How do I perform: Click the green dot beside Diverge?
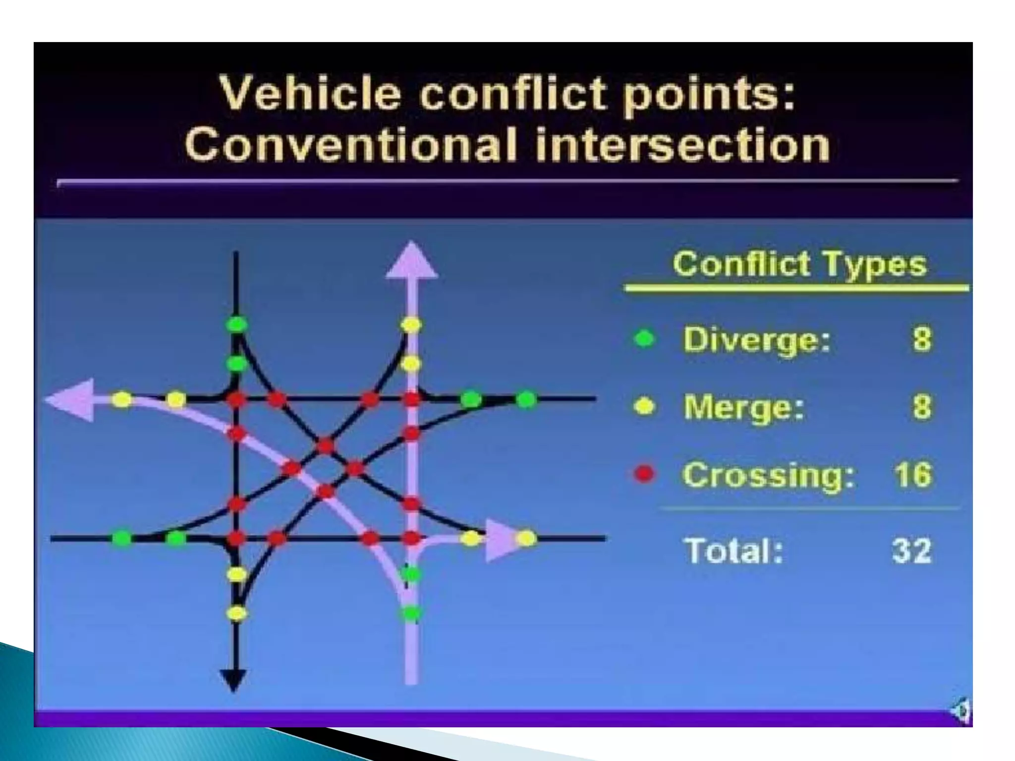tap(644, 339)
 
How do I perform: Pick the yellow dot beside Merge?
tap(644, 407)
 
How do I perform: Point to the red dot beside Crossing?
tap(644, 475)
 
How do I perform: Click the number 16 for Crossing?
tap(912, 475)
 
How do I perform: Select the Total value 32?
tap(912, 550)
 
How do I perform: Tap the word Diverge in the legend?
tap(756, 340)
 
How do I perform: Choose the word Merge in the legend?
tap(743, 407)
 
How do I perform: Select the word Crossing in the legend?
tap(768, 475)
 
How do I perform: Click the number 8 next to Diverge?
tap(922, 340)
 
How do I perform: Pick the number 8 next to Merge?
tap(922, 407)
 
